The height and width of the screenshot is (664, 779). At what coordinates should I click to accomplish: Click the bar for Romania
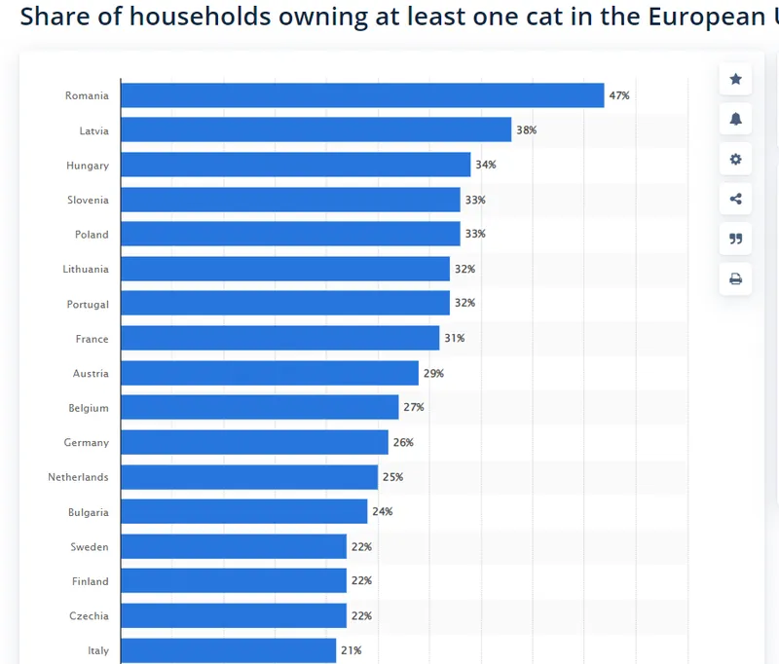(x=362, y=95)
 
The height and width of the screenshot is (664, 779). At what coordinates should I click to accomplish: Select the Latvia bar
(x=315, y=130)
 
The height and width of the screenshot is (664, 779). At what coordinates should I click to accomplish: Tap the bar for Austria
(x=270, y=374)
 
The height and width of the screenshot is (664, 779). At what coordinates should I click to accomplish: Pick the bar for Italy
(x=228, y=650)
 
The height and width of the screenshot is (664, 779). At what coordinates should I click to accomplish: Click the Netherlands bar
(x=249, y=477)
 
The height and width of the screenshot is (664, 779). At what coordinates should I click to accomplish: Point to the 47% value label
(x=619, y=95)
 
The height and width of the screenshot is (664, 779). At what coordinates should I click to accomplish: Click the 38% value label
(x=526, y=130)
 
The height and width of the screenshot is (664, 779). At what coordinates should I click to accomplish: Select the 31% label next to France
(x=454, y=339)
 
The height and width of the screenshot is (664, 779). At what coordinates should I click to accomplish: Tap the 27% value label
(x=413, y=408)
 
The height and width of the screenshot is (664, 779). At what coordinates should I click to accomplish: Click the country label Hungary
(x=88, y=166)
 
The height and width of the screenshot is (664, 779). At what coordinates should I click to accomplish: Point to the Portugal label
(x=88, y=305)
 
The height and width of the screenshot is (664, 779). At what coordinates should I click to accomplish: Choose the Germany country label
(x=87, y=443)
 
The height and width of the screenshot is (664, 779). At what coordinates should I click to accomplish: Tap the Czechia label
(x=89, y=616)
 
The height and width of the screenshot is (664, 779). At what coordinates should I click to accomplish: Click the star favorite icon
(x=735, y=79)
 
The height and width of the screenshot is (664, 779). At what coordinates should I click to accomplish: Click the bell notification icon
(x=735, y=119)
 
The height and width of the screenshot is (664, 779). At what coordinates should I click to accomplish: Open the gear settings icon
(x=735, y=160)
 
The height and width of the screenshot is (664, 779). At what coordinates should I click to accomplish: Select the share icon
(x=735, y=200)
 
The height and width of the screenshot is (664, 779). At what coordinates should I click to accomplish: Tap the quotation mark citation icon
(x=735, y=240)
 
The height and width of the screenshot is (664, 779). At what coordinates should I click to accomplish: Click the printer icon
(x=735, y=279)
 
